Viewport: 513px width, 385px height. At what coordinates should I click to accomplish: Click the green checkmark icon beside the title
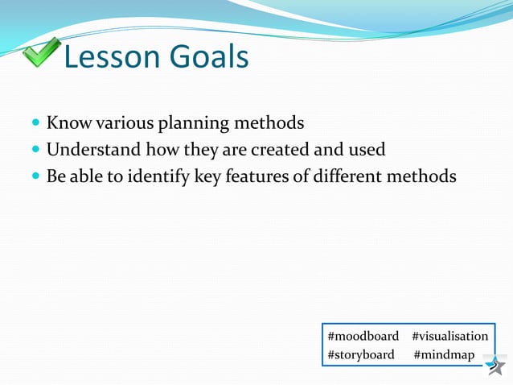(x=39, y=53)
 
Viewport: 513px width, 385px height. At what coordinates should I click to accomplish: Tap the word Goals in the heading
(x=208, y=57)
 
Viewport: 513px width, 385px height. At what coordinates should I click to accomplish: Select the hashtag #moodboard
(x=363, y=336)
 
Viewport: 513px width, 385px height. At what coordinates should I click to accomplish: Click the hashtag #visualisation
(x=449, y=336)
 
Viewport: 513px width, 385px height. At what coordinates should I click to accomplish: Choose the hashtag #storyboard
(x=361, y=355)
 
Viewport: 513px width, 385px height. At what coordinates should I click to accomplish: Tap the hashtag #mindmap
(x=444, y=355)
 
